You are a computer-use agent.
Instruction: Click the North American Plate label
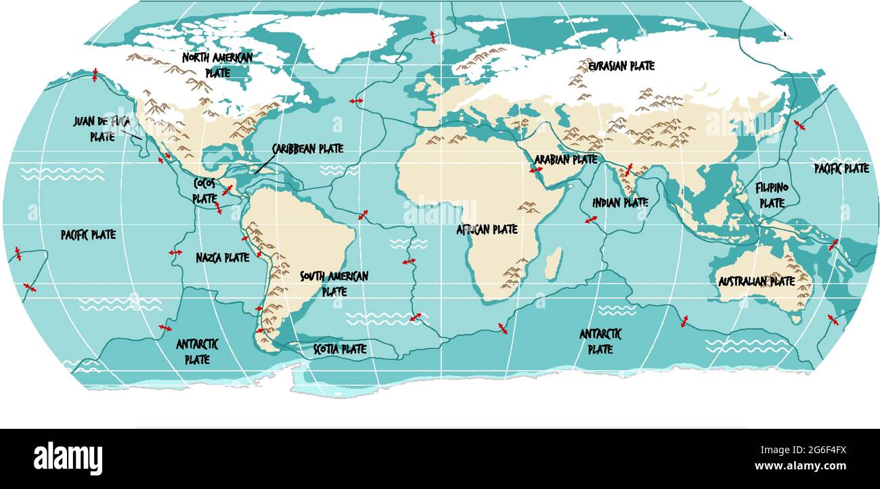217,65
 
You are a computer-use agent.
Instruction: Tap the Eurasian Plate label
621,66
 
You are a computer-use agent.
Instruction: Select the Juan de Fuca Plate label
102,129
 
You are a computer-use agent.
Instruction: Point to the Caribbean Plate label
307,149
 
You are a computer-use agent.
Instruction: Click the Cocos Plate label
204,191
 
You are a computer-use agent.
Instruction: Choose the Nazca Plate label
223,258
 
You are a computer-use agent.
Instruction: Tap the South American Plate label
334,283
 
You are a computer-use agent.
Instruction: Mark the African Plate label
487,230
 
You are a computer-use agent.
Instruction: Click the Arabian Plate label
566,160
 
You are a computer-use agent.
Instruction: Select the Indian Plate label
620,202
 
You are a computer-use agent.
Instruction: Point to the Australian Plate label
756,281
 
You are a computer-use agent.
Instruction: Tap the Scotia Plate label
340,349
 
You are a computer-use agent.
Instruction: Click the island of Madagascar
553,262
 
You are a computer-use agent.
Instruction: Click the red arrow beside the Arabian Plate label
536,170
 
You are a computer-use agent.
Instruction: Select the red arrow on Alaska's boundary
95,74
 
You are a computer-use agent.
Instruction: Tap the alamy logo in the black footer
68,458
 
